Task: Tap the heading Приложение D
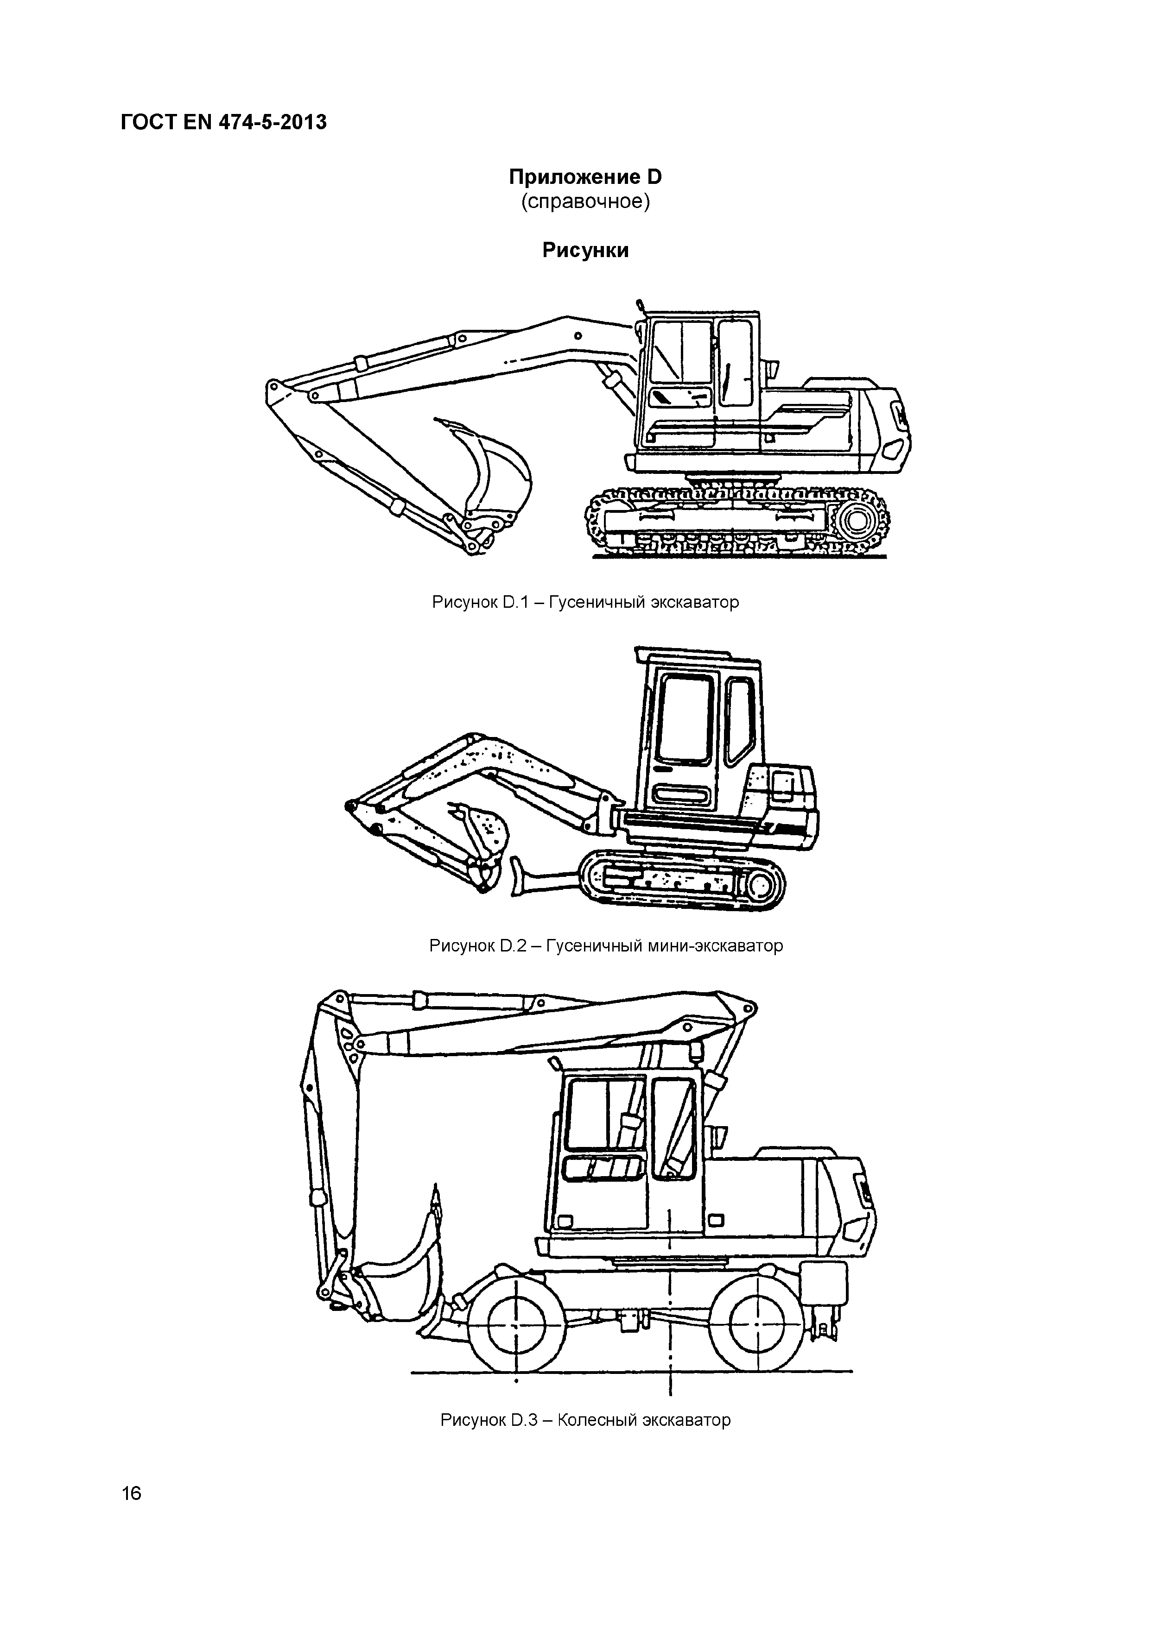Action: click(x=585, y=177)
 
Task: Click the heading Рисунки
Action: click(x=585, y=251)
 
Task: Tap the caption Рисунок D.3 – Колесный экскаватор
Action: click(x=585, y=1420)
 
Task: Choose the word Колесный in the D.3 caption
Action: click(x=597, y=1420)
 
